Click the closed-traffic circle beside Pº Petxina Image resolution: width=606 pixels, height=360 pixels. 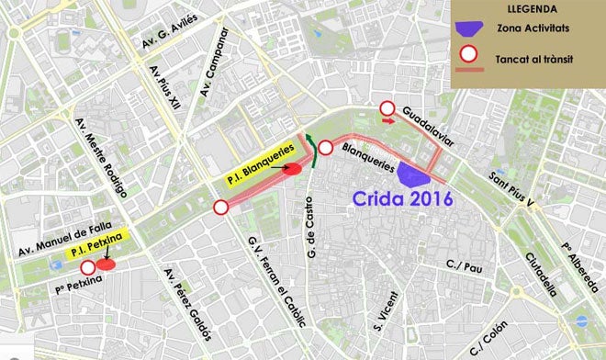(88, 268)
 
